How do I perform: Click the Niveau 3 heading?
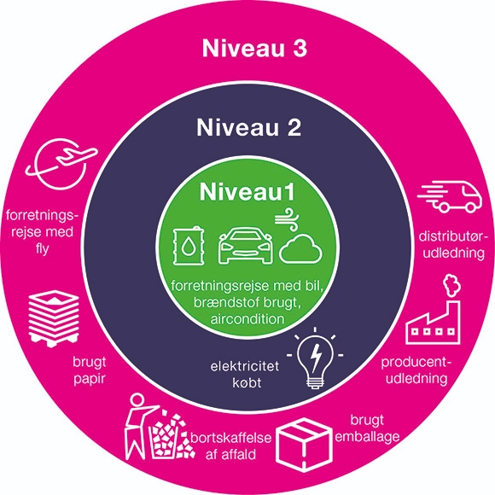254,49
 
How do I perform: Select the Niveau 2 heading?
248,127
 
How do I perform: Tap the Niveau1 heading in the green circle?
247,192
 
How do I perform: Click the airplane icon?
61,163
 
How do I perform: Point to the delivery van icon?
450,196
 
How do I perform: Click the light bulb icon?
315,358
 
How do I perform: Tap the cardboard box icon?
304,445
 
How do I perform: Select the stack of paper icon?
54,318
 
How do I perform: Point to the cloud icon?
300,249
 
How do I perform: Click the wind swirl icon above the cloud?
287,219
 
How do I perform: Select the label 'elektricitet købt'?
245,375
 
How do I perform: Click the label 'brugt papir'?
90,370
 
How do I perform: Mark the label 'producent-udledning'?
416,370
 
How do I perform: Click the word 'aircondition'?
247,319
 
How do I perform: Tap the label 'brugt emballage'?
367,428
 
